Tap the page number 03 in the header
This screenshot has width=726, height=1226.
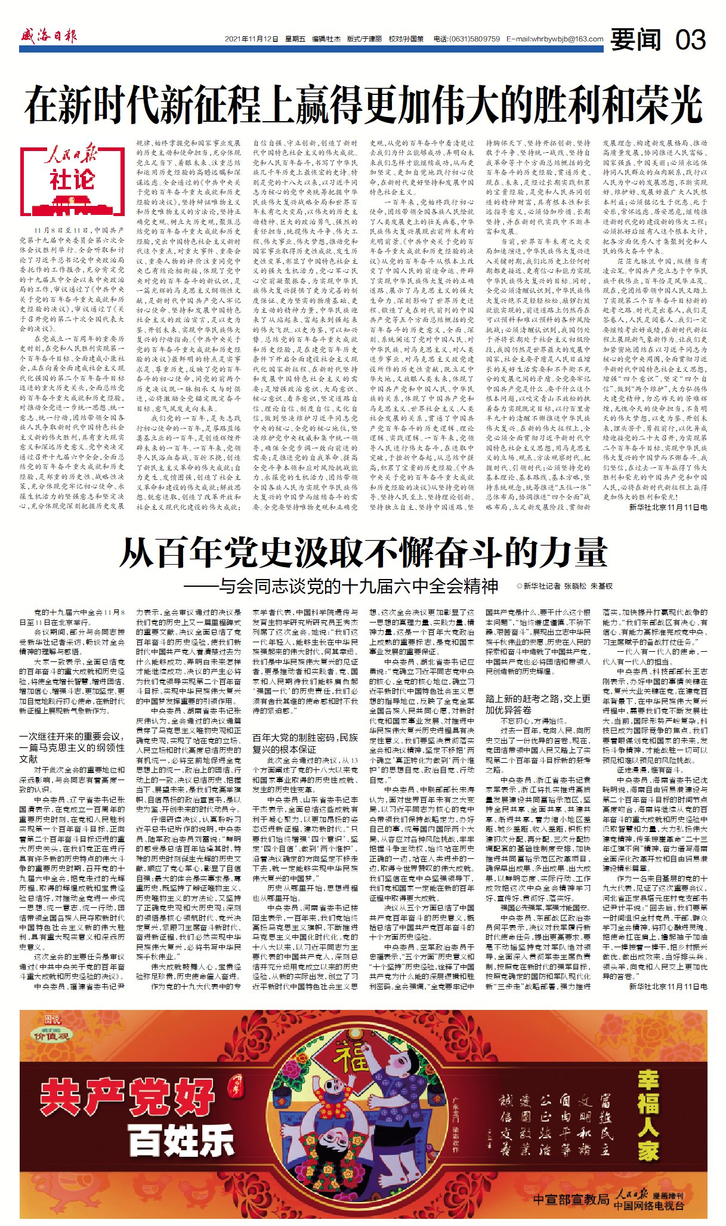pyautogui.click(x=690, y=39)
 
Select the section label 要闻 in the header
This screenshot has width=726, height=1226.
pyautogui.click(x=636, y=39)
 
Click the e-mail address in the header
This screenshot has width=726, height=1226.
pyautogui.click(x=555, y=39)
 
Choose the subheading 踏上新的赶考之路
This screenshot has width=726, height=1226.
pyautogui.click(x=538, y=704)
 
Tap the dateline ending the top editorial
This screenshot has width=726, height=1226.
pyautogui.click(x=668, y=507)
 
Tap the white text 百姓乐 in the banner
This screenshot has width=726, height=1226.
pyautogui.click(x=181, y=1141)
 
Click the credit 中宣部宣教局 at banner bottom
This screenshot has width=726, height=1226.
pyautogui.click(x=571, y=1199)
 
